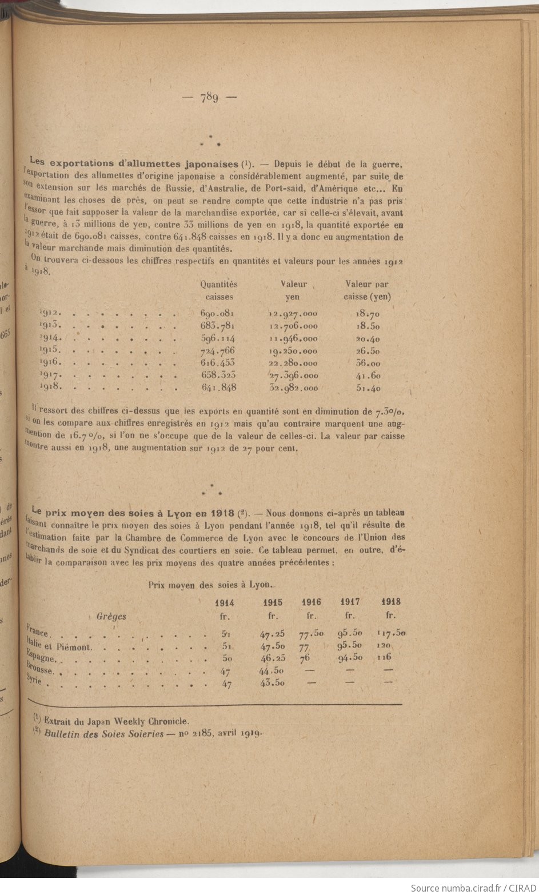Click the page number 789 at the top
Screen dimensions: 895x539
pos(209,97)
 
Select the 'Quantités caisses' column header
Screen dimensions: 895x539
pos(218,290)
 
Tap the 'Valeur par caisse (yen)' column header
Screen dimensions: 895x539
pos(367,290)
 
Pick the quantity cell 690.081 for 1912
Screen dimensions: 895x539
pos(218,314)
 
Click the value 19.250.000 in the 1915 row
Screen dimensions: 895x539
pos(293,351)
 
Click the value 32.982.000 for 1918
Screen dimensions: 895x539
pos(293,387)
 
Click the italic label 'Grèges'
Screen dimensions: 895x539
pos(111,617)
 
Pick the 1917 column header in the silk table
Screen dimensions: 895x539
pos(350,602)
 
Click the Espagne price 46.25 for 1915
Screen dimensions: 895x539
pos(273,658)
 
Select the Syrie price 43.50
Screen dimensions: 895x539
pos(272,683)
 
